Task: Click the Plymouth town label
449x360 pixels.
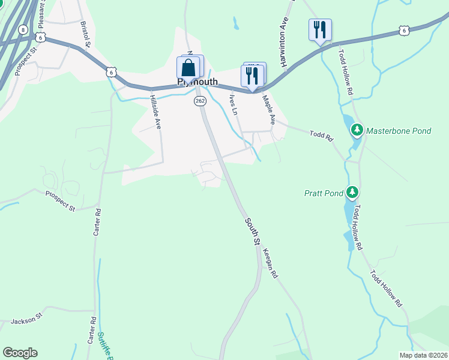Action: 197,82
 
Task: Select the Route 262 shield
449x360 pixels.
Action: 200,101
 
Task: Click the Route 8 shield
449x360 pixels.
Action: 23,29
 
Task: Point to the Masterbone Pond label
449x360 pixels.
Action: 399,130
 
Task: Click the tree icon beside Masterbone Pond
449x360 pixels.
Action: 357,130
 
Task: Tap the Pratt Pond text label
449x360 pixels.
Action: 324,193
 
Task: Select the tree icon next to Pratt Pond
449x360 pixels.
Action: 353,193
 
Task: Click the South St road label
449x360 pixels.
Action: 252,231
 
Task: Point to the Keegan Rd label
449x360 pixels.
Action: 270,263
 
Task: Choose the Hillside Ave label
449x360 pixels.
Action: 156,112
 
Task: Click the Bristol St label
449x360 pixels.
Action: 85,34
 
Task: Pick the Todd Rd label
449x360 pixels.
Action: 321,136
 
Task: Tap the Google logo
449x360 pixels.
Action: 20,353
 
